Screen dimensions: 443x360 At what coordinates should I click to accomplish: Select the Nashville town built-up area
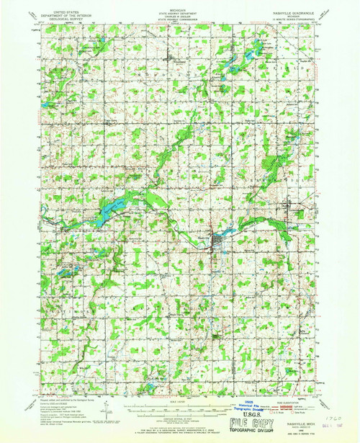[x=213, y=250]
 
